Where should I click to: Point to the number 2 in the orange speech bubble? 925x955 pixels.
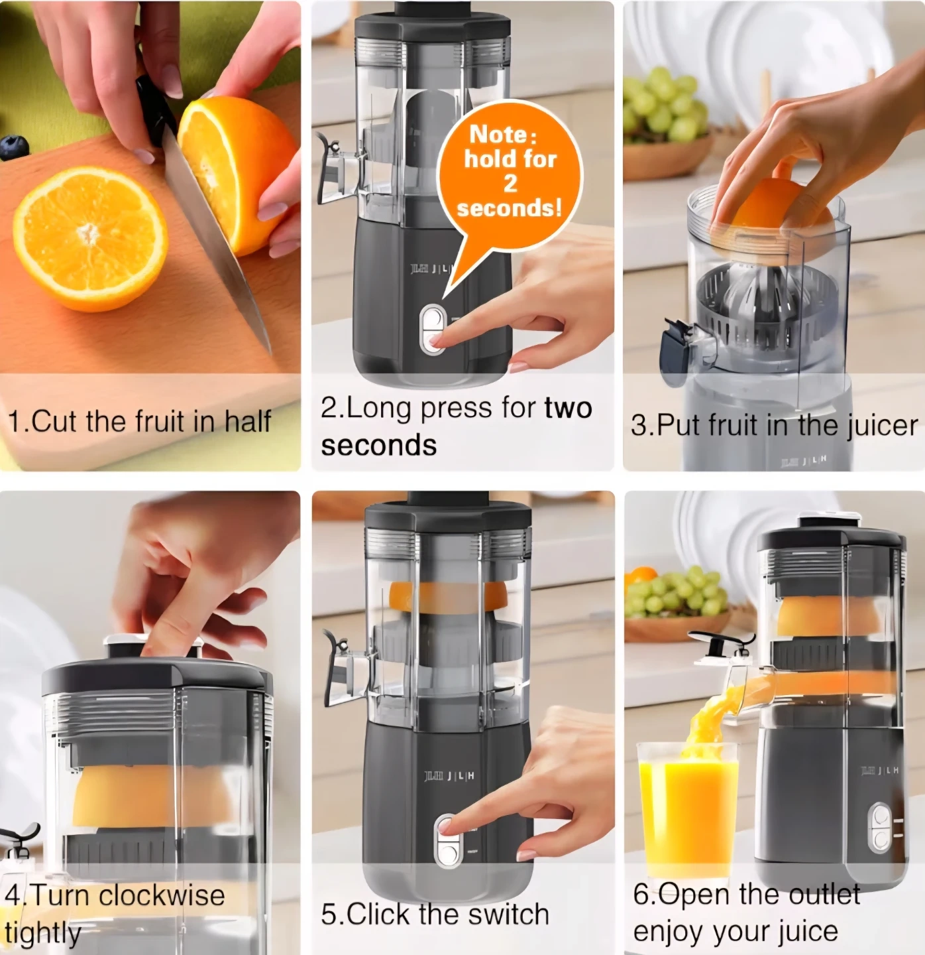click(510, 184)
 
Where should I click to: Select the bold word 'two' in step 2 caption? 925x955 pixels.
click(569, 409)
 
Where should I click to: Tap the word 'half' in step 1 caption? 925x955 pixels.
click(248, 421)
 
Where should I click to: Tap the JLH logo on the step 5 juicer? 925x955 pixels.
click(449, 777)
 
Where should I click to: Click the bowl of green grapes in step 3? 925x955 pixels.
click(670, 127)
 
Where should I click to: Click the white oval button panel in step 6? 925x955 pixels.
click(881, 828)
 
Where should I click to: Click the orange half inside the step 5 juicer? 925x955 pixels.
click(447, 596)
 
